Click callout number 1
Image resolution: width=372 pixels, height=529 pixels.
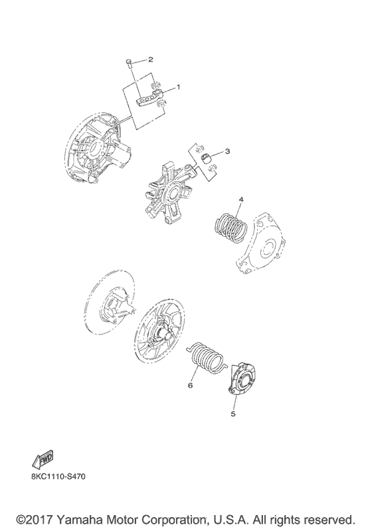(178, 87)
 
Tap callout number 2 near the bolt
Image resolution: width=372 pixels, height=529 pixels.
(151, 59)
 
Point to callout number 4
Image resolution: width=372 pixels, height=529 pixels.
(242, 198)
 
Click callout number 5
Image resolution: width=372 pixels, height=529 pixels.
(233, 414)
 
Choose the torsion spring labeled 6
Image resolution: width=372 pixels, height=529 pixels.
(206, 360)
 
